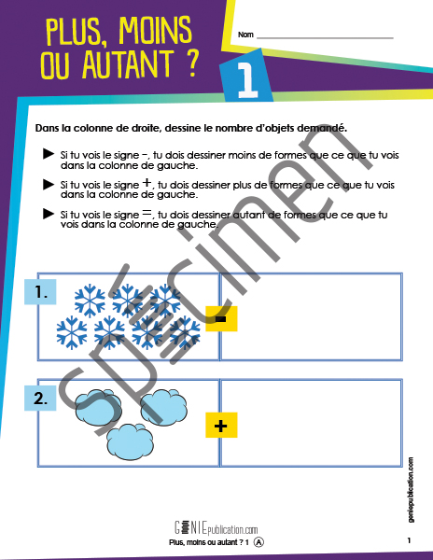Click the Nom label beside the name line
245,35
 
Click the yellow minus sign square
221,319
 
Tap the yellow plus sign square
221,426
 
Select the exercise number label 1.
41,292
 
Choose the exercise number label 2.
41,399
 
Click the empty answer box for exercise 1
311,316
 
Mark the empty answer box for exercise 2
311,423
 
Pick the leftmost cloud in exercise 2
91,405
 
